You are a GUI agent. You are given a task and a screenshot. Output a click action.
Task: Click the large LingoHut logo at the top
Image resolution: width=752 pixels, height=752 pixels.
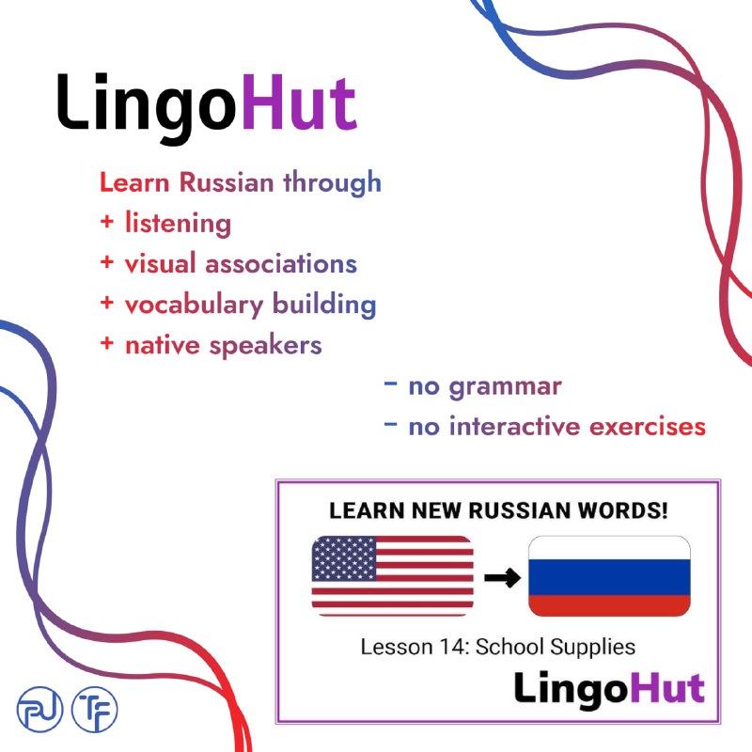(207, 107)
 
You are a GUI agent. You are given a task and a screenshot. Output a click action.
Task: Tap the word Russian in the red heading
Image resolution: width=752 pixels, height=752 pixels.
(227, 182)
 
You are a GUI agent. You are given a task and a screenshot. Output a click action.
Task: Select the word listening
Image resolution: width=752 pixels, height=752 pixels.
(178, 224)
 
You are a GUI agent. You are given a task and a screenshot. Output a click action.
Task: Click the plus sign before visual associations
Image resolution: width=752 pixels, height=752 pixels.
(107, 262)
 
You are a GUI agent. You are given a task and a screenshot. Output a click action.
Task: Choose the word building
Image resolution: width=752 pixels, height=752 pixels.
(324, 305)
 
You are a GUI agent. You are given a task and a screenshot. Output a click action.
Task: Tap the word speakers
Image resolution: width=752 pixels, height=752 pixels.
(265, 346)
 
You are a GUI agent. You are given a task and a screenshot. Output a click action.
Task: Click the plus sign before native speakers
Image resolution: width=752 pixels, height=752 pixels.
(107, 343)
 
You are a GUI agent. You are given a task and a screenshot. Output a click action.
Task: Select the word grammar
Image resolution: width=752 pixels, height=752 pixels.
(505, 387)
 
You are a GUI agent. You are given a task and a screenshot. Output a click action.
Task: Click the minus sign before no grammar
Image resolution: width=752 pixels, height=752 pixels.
(391, 384)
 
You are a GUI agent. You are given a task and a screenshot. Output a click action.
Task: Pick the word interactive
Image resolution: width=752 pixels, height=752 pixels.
(514, 427)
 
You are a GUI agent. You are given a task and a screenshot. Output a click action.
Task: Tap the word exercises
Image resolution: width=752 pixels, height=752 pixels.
(648, 427)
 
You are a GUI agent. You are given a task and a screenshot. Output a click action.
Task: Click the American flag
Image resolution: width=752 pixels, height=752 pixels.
(392, 575)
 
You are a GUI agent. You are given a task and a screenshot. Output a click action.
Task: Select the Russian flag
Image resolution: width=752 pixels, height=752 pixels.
(609, 575)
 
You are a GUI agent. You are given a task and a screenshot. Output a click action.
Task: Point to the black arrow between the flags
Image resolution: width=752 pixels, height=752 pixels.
(502, 577)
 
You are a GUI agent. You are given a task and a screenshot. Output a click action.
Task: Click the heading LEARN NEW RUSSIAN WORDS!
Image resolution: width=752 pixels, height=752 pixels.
(498, 510)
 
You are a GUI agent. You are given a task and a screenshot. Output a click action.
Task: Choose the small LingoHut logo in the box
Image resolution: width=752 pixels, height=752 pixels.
(609, 689)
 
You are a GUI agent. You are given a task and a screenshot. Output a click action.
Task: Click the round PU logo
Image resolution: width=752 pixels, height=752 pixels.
(39, 710)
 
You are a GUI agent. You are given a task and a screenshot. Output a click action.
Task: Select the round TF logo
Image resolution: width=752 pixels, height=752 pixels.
(95, 710)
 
